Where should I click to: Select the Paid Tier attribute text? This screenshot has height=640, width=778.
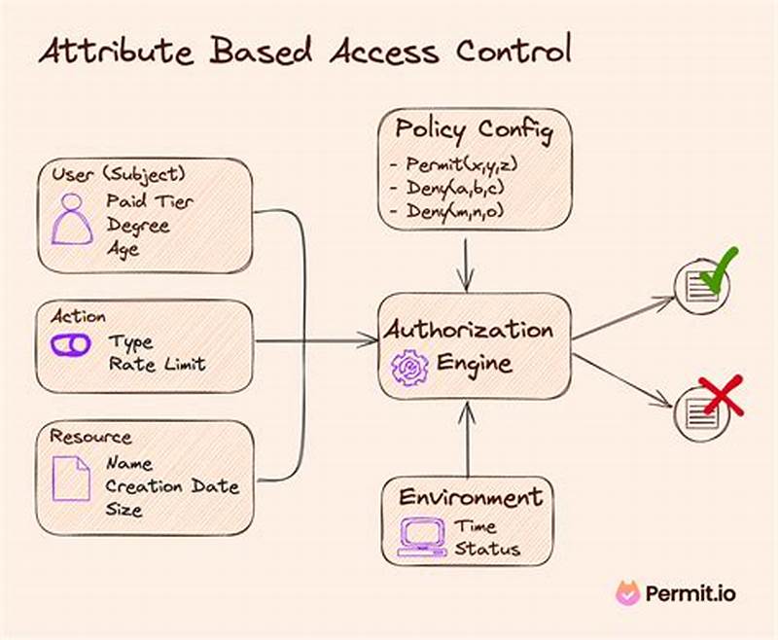(150, 202)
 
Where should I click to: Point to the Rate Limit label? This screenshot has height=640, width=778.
(157, 365)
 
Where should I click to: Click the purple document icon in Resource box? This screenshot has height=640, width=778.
(71, 479)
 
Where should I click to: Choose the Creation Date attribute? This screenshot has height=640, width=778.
(171, 485)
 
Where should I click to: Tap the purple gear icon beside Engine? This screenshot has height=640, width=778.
(409, 368)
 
